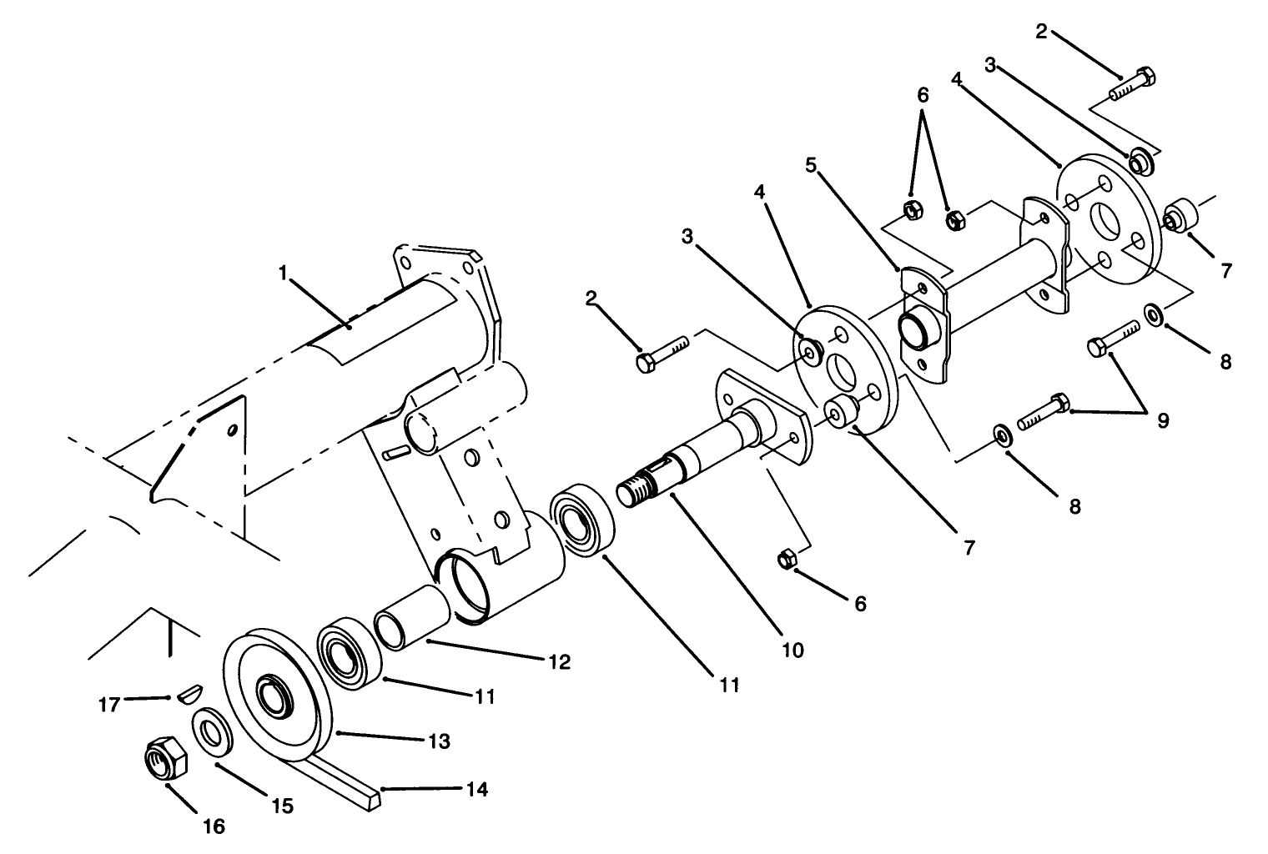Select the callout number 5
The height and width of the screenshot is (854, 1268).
click(810, 164)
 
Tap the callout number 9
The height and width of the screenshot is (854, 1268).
click(1161, 419)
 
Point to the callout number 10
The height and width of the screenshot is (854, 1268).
click(792, 649)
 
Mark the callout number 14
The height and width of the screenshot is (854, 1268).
click(477, 788)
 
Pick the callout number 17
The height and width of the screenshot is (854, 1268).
click(108, 704)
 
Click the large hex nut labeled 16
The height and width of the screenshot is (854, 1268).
click(166, 758)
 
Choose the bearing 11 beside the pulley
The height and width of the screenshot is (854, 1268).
click(349, 650)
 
